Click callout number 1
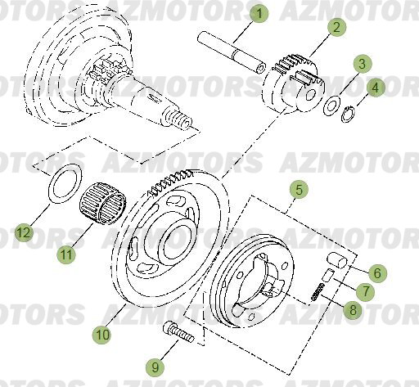[x=260, y=13]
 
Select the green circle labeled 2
[x=336, y=26]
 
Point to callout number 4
[x=375, y=88]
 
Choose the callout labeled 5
[x=300, y=189]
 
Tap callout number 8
[x=352, y=310]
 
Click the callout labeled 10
[x=102, y=334]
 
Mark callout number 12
[x=25, y=234]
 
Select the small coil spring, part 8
[x=319, y=291]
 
